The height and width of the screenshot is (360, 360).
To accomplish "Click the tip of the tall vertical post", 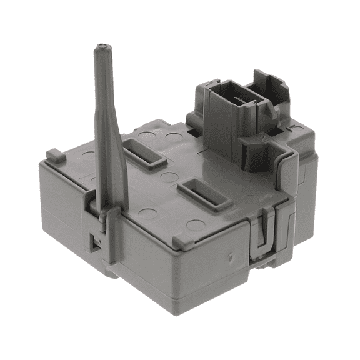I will point(100,48).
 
